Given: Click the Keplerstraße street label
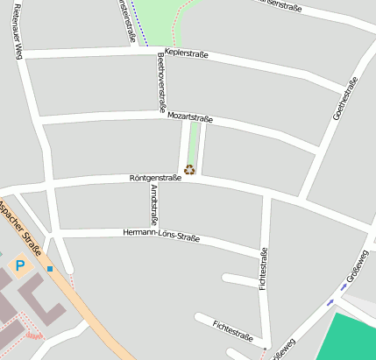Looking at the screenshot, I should pos(186,55).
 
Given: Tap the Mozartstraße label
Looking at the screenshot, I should pos(190,116).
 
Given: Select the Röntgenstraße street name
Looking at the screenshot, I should pos(155,178).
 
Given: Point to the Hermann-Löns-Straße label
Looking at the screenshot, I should pos(161,236).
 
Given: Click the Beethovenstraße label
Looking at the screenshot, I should pos(161,79).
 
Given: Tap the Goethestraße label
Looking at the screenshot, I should pos(345,101).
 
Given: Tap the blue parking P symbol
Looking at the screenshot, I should pos(19,263).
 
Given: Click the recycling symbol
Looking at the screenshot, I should pos(188,170).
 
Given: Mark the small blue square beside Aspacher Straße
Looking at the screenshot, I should pos(51,268).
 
